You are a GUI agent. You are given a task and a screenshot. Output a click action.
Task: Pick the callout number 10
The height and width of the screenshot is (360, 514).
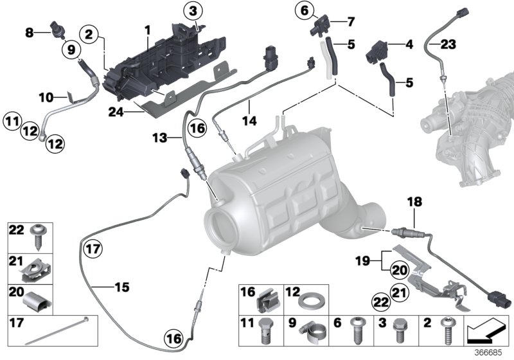click(45, 98)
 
